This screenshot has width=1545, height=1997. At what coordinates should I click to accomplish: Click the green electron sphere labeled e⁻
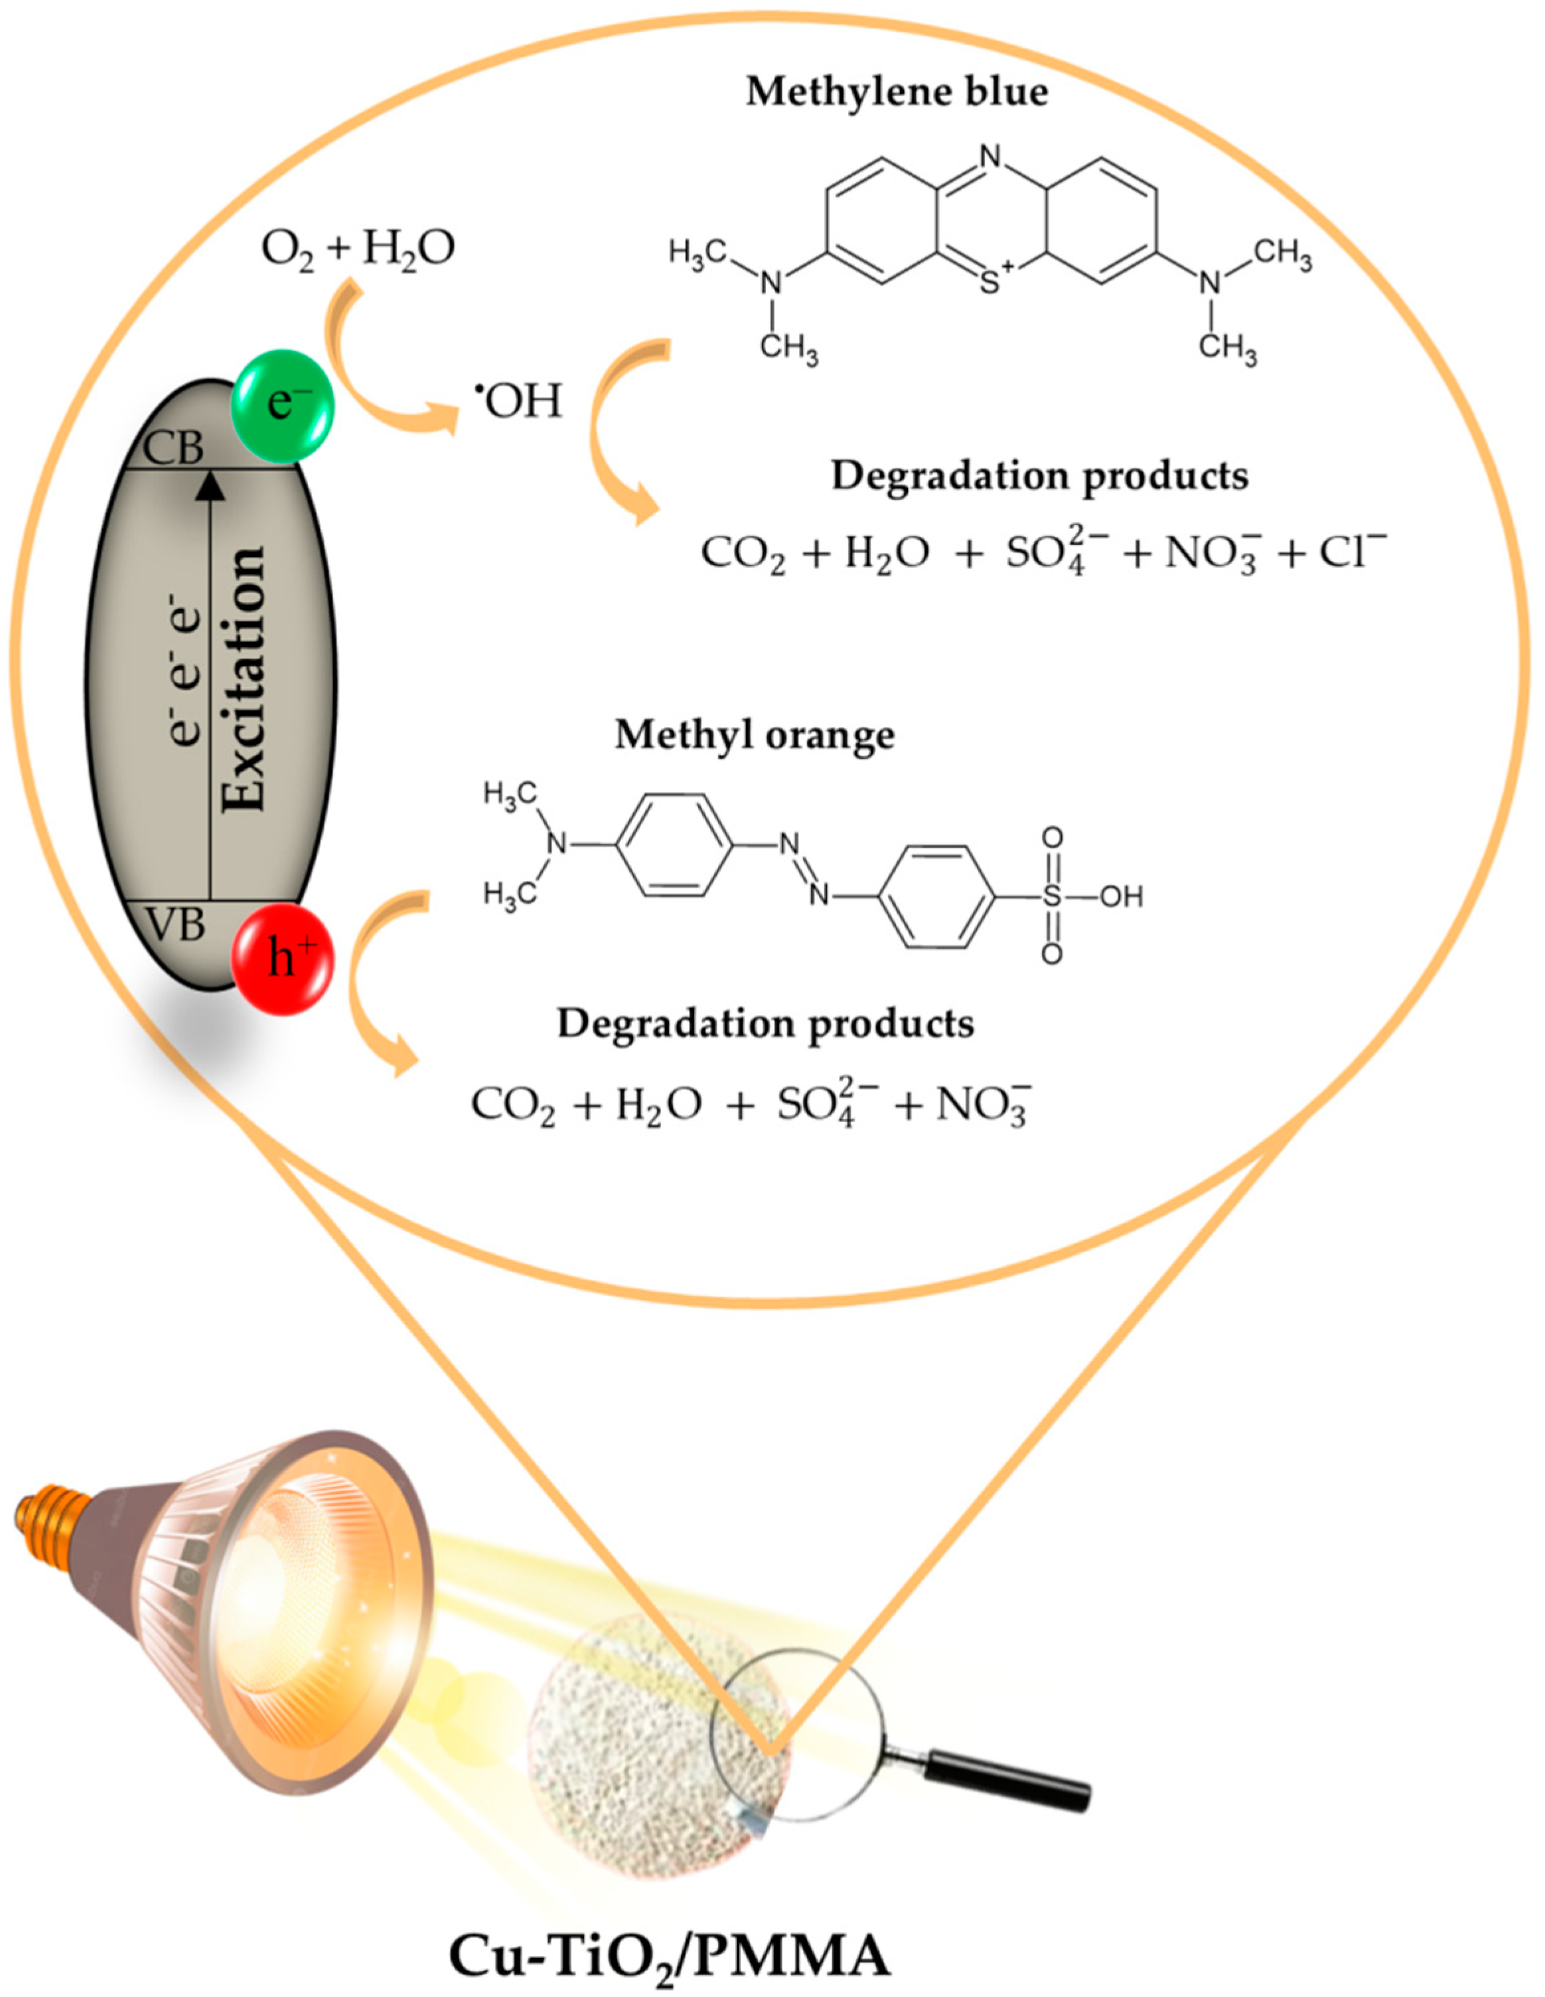[x=283, y=403]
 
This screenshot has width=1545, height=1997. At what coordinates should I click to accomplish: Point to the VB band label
[x=175, y=925]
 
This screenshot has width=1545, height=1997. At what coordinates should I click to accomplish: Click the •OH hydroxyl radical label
[x=518, y=402]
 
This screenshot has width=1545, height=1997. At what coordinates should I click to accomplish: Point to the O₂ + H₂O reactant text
[x=358, y=249]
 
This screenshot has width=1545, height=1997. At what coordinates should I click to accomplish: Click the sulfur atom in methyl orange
[x=1053, y=897]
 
